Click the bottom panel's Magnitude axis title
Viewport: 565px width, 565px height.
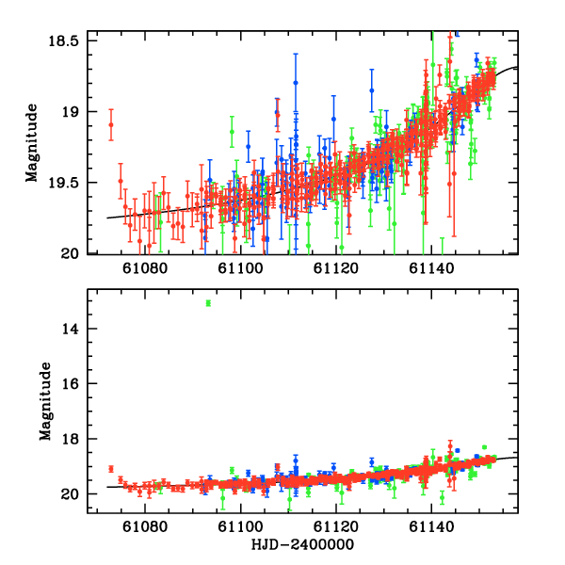pyautogui.click(x=43, y=402)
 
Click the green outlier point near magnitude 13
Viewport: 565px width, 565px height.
pyautogui.click(x=208, y=302)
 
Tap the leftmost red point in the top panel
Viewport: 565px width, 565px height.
pyautogui.click(x=111, y=124)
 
